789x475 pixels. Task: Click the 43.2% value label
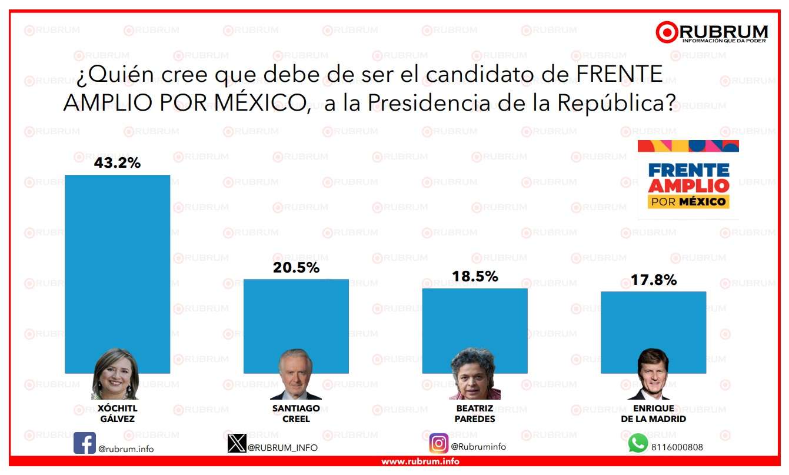pos(117,163)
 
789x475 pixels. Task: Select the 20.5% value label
pos(296,268)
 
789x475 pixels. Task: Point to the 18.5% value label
pos(475,276)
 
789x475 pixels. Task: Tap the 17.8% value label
pos(653,280)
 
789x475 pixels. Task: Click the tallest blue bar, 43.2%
pos(117,259)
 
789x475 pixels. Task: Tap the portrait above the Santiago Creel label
pos(295,375)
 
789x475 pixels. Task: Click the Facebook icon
pos(85,443)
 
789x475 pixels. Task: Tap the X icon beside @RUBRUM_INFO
pos(237,443)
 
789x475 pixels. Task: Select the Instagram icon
pos(438,443)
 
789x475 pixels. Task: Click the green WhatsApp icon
pos(638,443)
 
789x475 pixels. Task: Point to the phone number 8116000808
pos(677,447)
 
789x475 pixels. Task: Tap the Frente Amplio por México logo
pos(688,179)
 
